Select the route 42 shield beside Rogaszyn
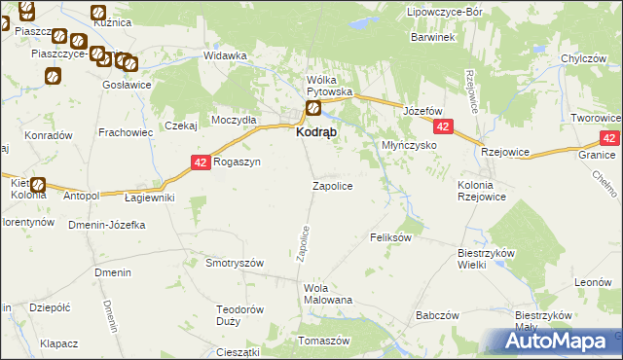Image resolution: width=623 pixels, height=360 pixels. coord(201,162)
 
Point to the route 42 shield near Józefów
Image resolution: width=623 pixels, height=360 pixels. coord(444,127)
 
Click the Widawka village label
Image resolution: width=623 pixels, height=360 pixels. coord(225,55)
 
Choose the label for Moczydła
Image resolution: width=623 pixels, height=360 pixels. coord(234,119)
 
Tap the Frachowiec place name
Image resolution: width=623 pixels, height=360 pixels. coord(122,131)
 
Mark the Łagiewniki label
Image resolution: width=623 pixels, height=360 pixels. coord(150,198)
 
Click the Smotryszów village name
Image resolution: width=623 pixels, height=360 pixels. coord(236,263)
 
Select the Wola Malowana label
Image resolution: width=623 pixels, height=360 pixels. coord(328,294)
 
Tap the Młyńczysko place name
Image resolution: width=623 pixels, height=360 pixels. coord(407,144)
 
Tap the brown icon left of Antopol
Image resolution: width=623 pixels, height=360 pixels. coord(38,185)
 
